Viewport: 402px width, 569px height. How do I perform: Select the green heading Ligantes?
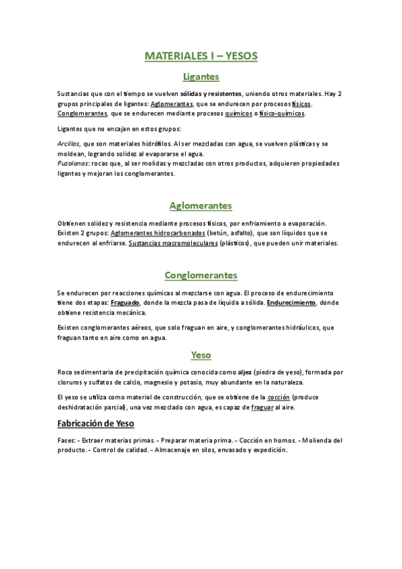(x=201, y=77)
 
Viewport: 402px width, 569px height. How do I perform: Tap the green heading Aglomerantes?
(x=201, y=205)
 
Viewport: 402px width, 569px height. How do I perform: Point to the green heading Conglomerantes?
(x=201, y=276)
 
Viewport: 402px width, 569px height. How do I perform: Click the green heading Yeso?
(x=201, y=354)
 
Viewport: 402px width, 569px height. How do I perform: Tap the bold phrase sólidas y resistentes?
(x=212, y=94)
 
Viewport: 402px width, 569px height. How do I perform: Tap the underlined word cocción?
(x=278, y=398)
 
